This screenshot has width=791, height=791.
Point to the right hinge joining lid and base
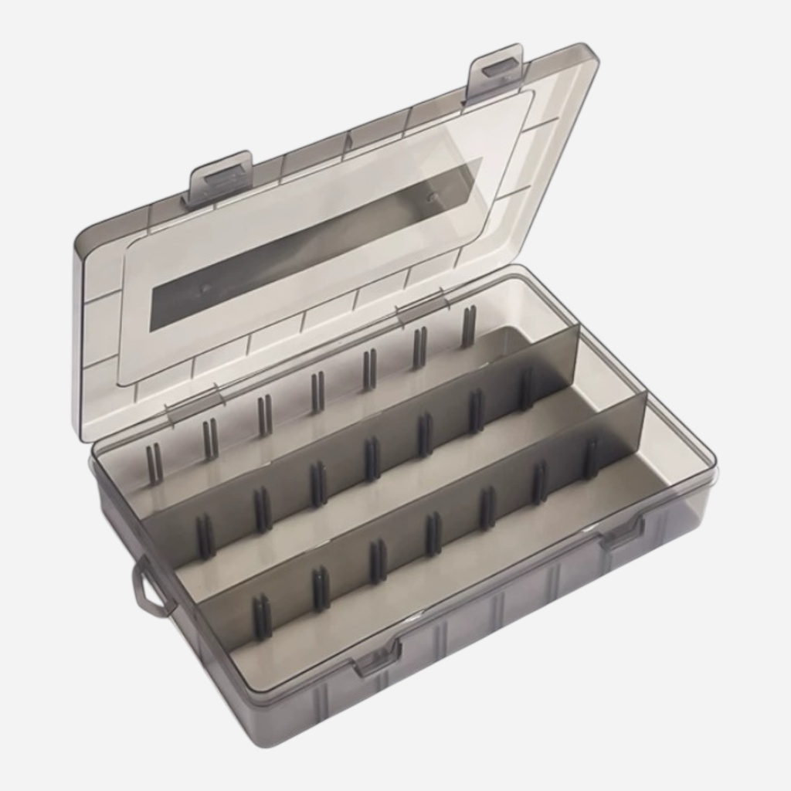click(423, 307)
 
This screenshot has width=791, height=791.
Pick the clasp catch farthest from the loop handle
click(622, 534)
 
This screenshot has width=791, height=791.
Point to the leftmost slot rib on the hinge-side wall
click(154, 463)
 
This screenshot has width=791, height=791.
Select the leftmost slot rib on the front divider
click(263, 616)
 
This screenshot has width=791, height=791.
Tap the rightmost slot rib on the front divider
click(590, 459)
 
